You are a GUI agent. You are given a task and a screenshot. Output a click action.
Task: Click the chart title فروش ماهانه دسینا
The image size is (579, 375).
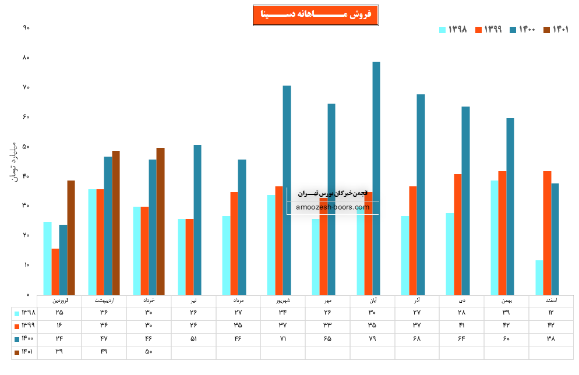312,15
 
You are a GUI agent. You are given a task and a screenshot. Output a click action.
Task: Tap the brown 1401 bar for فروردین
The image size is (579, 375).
71,238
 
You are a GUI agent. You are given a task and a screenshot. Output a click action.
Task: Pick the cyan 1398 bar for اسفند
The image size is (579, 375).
539,277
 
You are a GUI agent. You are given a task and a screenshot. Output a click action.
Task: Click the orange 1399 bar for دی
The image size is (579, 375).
458,234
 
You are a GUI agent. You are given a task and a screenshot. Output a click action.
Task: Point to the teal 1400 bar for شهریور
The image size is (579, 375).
287,190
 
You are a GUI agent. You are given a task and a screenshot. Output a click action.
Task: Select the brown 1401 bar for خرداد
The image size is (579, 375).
161,221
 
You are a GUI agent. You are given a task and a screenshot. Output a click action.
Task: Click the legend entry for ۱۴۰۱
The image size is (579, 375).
556,30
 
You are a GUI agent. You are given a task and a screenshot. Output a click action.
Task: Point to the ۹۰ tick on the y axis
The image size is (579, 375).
26,28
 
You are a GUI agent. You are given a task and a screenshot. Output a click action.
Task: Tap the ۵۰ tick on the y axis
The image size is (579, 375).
26,146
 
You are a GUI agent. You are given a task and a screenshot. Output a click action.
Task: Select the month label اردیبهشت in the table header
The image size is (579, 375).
104,301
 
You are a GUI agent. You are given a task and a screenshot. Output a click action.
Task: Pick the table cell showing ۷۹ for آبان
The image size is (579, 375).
372,338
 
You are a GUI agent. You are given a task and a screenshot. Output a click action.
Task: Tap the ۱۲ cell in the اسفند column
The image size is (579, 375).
551,313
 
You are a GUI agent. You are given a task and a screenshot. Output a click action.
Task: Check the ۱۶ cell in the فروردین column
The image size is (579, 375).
59,326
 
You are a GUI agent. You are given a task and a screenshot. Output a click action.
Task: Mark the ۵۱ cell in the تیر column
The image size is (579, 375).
193,338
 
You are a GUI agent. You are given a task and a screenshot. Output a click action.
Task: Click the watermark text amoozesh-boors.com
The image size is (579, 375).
333,207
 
